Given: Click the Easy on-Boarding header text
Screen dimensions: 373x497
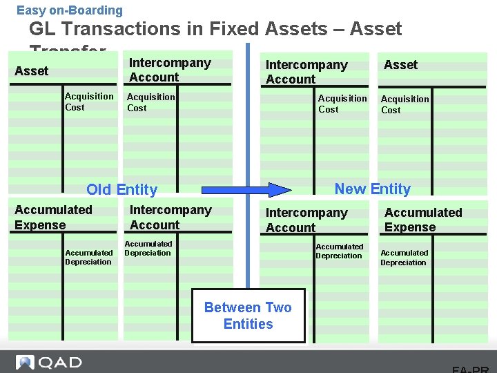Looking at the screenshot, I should coord(70,10).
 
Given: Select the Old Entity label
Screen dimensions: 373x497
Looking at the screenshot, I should coord(121,189).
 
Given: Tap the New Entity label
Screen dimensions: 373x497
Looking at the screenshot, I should coord(372,189).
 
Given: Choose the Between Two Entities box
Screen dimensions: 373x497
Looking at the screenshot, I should coord(248,316).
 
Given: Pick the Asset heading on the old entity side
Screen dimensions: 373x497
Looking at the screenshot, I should coord(32,70).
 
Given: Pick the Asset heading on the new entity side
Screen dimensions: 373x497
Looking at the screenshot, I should coord(400,64).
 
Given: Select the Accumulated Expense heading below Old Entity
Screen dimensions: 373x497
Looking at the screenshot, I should coord(53,217).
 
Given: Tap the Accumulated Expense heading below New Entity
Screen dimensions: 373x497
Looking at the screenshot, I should coord(423,220).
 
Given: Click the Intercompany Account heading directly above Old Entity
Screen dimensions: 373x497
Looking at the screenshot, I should coord(170,70).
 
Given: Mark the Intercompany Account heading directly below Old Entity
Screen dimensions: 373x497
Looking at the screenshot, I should coord(170,217).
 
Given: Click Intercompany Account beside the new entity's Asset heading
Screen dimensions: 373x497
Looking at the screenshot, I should coord(306,72).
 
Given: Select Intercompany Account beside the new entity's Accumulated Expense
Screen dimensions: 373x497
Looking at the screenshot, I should coord(306,220).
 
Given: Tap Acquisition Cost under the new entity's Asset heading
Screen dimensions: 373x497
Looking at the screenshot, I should coord(405,104).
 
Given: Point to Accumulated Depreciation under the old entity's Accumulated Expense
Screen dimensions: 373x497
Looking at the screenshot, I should coord(88,257).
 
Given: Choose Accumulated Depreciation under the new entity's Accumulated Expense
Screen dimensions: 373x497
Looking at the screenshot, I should coord(404,258).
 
